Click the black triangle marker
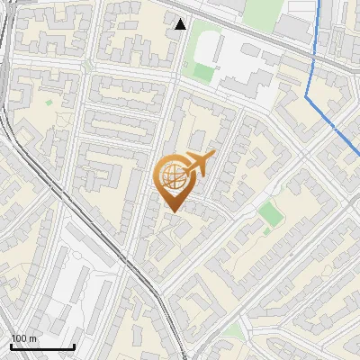pyautogui.click(x=182, y=24)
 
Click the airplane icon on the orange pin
pyautogui.click(x=198, y=164)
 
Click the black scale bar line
pyautogui.click(x=42, y=346)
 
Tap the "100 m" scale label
pyautogui.click(x=24, y=338)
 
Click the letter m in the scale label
pyautogui.click(x=34, y=338)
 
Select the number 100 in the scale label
pyautogui.click(x=19, y=338)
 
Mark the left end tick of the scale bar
pyautogui.click(x=11, y=345)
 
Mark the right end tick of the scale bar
pyautogui.click(x=74, y=345)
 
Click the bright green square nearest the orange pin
pyautogui.click(x=268, y=213)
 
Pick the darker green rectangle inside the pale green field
pyautogui.click(x=202, y=71)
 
